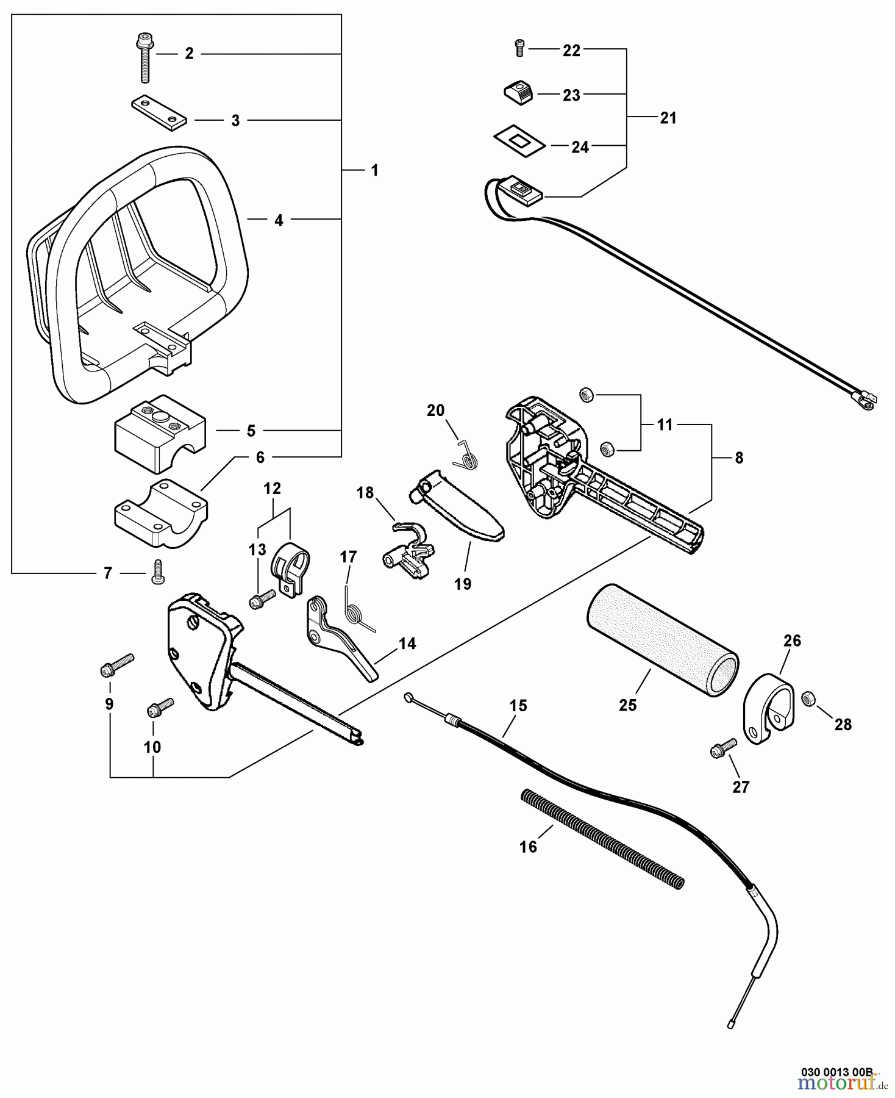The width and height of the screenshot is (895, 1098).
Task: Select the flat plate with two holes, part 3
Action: [159, 113]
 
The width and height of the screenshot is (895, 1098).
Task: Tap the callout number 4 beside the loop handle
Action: [279, 220]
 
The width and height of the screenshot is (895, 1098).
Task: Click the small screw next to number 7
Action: [158, 572]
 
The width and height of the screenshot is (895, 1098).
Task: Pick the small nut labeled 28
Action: [808, 697]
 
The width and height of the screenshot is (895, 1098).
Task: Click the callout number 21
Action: [668, 118]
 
